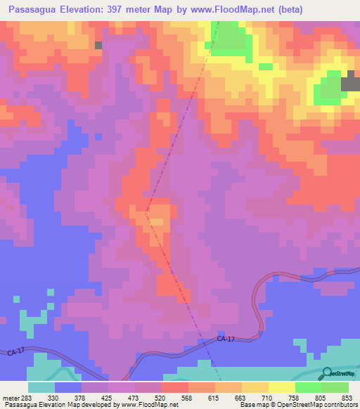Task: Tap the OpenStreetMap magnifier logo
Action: [x=326, y=374]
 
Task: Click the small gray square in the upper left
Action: [x=98, y=45]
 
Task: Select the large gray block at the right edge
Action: [x=351, y=82]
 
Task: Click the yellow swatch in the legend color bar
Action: [x=281, y=387]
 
